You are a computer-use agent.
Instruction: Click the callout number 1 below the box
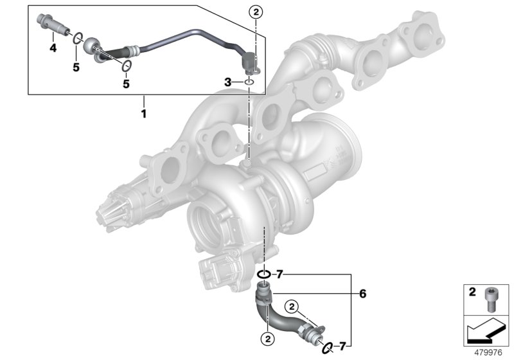coord(144,114)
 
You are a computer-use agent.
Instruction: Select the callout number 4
coord(53,49)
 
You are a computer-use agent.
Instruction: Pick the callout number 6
coord(363,294)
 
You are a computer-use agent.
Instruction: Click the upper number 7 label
coord(278,274)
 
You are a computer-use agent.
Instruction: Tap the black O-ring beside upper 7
coord(263,275)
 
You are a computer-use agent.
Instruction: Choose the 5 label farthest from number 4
coord(126,84)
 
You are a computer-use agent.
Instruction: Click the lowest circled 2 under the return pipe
coord(264,336)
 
